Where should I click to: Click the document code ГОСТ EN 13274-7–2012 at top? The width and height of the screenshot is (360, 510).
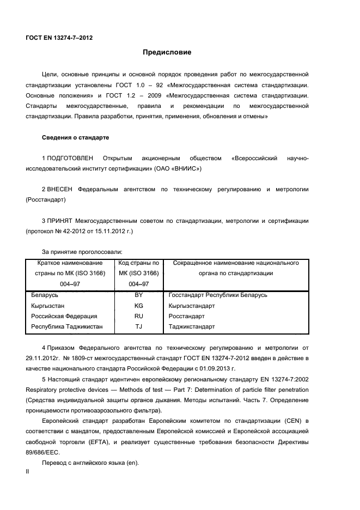pos(59,38)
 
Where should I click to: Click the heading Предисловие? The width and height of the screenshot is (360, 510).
pos(167,52)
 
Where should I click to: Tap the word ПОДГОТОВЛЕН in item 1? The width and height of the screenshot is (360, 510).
pos(70,158)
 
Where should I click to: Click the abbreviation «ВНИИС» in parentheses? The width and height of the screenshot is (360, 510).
pos(187,168)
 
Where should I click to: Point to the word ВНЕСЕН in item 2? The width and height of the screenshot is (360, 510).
pos(59,190)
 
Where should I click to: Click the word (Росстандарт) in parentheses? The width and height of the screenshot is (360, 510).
pos(46,200)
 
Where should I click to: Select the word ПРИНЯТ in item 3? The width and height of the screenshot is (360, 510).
pos(59,221)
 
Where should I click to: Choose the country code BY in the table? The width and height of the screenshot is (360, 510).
pos(138,295)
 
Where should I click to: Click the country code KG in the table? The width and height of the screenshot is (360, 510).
pos(138,306)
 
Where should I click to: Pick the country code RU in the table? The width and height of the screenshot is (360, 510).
pos(138,316)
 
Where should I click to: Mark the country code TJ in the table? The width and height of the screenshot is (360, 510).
pos(138,327)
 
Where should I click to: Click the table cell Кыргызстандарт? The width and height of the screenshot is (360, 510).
pos(192,306)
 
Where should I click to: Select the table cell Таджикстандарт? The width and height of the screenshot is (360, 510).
pos(192,327)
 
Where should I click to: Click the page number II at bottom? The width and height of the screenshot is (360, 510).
pos(27,473)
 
